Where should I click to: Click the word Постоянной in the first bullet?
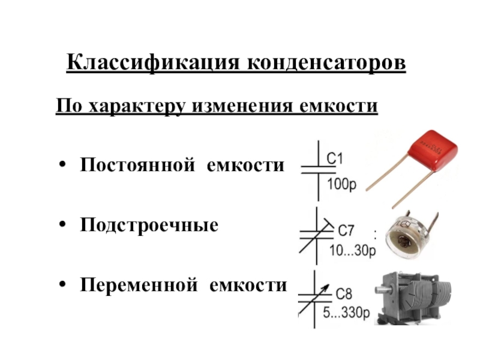(x=139, y=164)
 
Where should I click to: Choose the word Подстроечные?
(x=149, y=226)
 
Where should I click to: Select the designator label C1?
(x=334, y=159)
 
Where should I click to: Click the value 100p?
(x=341, y=185)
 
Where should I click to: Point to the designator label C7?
(x=346, y=230)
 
